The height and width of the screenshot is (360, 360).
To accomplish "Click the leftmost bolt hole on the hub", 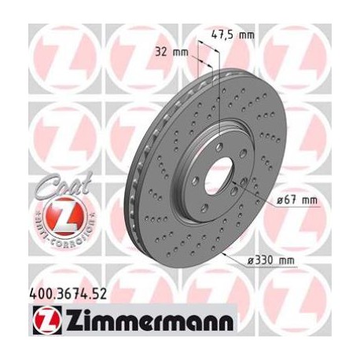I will pyautogui.click(x=188, y=182).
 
